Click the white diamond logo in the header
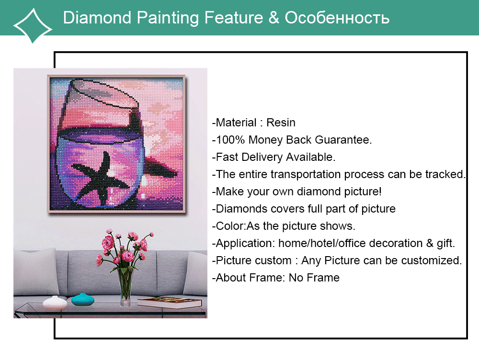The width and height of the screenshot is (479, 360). [x=33, y=26]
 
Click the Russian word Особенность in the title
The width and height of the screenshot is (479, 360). [x=337, y=17]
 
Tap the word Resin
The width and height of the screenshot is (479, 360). [x=281, y=123]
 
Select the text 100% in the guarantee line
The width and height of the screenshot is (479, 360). [x=230, y=139]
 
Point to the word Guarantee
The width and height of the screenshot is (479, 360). [x=343, y=139]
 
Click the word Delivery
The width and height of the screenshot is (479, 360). [x=262, y=157]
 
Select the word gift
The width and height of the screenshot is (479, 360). [x=445, y=243]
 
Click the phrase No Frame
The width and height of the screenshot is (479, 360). [x=314, y=278]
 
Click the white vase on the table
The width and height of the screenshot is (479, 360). [x=55, y=302]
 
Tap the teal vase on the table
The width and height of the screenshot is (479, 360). [x=83, y=299]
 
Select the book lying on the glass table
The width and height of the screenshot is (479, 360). [x=170, y=302]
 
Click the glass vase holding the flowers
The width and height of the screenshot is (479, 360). [x=125, y=287]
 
